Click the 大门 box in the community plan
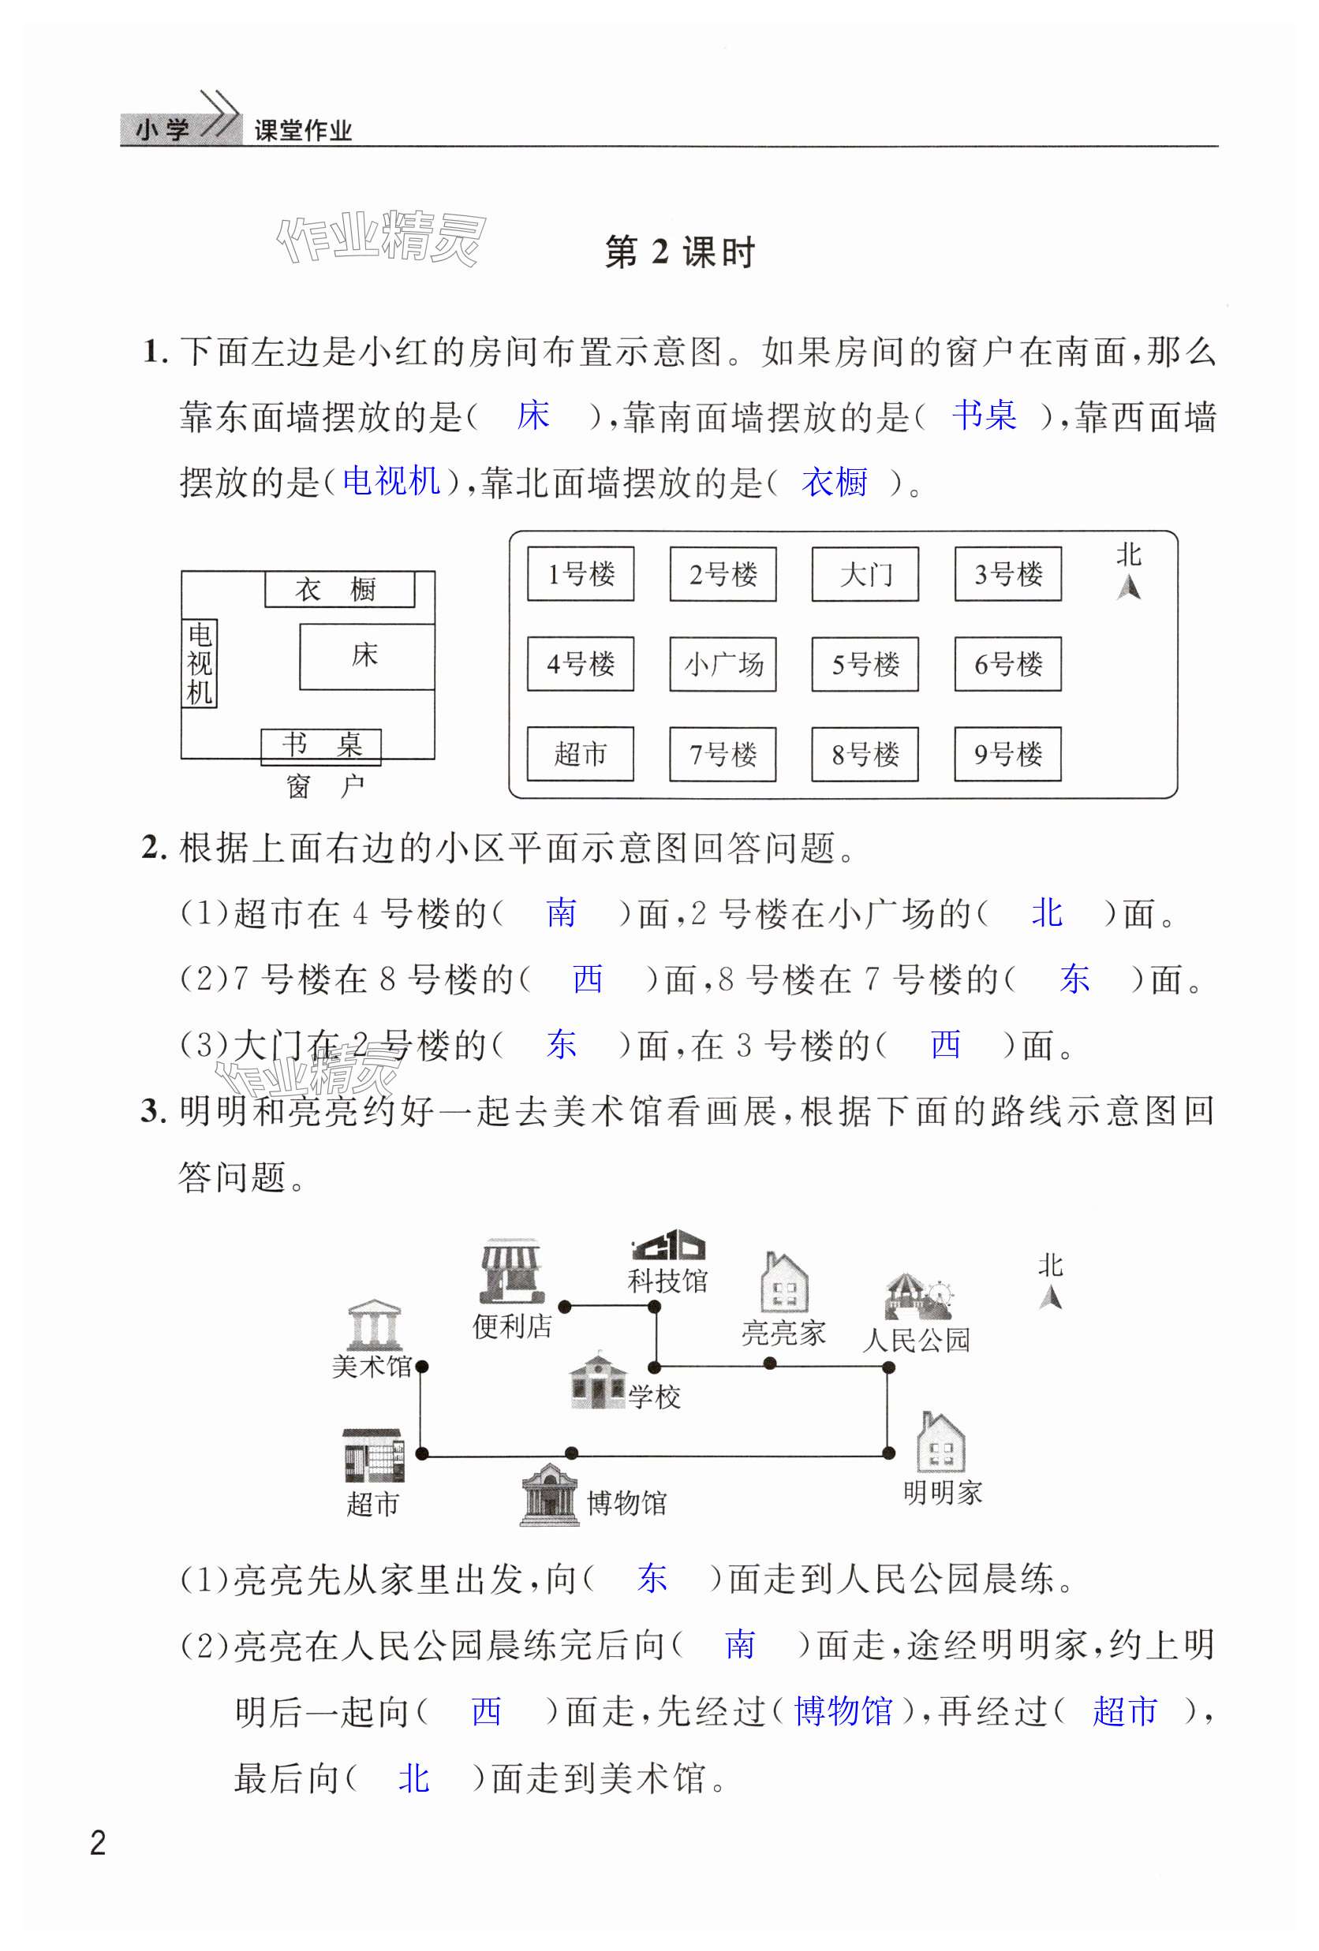pos(864,574)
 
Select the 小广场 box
pos(722,664)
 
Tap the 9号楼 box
pos(1007,754)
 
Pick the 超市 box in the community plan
pos(579,754)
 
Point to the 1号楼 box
pos(580,574)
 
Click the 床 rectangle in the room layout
pos(366,655)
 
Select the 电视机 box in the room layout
pos(200,663)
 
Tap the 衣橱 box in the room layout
pos(339,589)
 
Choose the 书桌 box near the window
pos(321,745)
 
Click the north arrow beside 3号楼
pos(1127,586)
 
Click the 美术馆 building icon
pos(373,1326)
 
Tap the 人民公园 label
pos(915,1340)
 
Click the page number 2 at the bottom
pos(99,1843)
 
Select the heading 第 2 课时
pos(679,252)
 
